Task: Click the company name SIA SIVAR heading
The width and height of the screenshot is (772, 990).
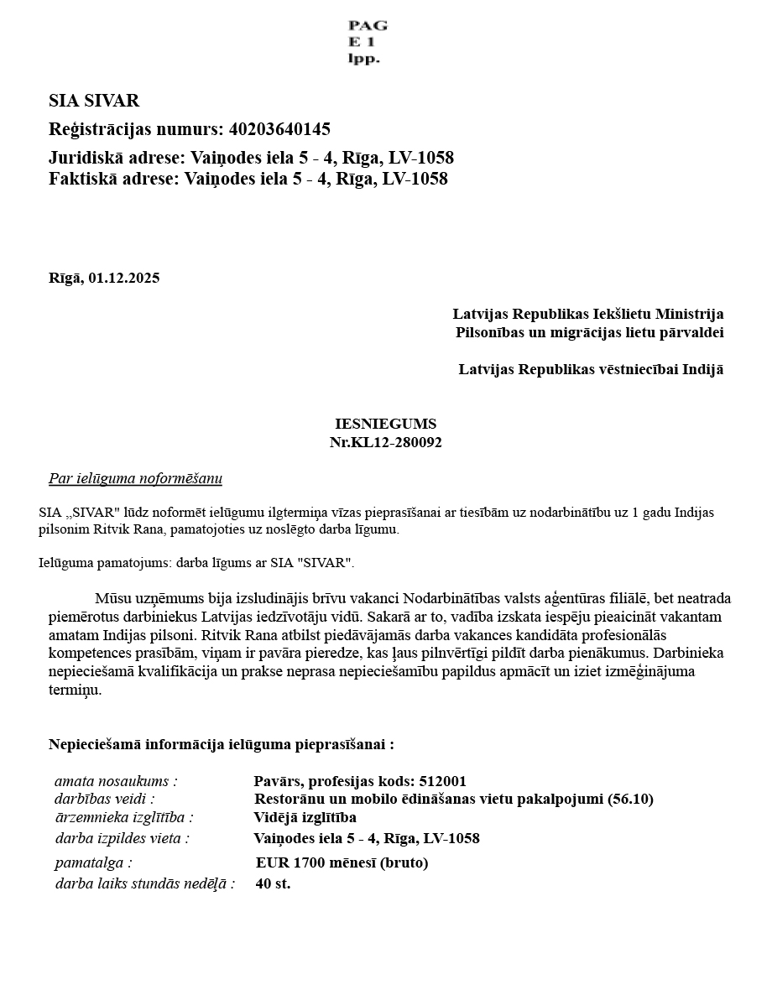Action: tap(94, 101)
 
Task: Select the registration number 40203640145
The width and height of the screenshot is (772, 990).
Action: tap(279, 129)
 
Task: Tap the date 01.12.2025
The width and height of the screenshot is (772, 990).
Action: tap(123, 279)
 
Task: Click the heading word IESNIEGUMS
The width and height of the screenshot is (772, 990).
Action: tap(385, 425)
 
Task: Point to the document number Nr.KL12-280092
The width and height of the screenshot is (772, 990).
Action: tap(385, 443)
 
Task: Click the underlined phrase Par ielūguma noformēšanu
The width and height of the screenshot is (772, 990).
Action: tap(135, 479)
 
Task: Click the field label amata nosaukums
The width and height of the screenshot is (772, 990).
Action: tap(116, 782)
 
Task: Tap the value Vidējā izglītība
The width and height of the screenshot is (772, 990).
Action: tap(305, 817)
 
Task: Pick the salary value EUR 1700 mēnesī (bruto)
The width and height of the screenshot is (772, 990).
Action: tap(342, 862)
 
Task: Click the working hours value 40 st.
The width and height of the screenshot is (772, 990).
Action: tap(273, 883)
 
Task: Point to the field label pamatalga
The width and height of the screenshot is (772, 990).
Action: tap(94, 862)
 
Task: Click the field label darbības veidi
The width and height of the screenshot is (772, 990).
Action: tap(105, 799)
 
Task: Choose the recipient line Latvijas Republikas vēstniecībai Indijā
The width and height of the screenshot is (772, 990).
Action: tap(591, 369)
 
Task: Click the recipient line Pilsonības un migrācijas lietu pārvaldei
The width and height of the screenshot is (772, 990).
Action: tap(590, 332)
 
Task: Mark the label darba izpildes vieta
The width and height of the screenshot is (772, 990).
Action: tap(122, 838)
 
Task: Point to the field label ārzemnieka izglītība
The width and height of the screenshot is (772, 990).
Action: tap(123, 817)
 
